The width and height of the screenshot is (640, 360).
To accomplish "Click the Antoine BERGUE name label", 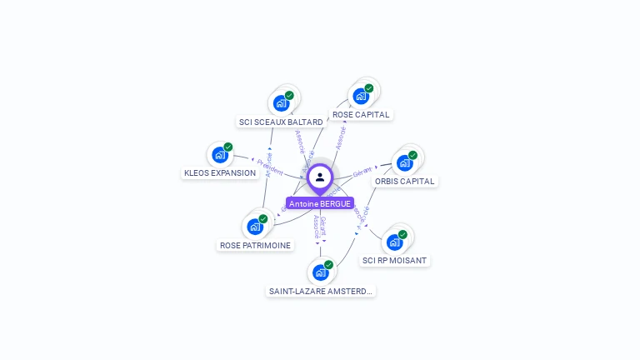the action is pyautogui.click(x=320, y=203).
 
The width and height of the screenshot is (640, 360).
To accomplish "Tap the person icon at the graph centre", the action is pyautogui.click(x=320, y=177).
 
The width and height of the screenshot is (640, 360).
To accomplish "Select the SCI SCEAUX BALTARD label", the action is pyautogui.click(x=281, y=122).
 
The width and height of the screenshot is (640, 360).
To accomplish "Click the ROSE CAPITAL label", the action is pyautogui.click(x=361, y=115).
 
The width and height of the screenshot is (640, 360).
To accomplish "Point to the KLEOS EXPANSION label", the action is pyautogui.click(x=220, y=173).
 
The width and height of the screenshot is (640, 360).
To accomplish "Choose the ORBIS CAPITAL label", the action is pyautogui.click(x=404, y=182).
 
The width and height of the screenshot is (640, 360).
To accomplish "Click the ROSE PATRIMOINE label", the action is pyautogui.click(x=255, y=246).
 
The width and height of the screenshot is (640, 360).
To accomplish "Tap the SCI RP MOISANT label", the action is pyautogui.click(x=394, y=261).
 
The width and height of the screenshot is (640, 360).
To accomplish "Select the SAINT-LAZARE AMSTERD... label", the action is pyautogui.click(x=321, y=292).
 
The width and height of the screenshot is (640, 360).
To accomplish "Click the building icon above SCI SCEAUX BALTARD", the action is pyautogui.click(x=280, y=104).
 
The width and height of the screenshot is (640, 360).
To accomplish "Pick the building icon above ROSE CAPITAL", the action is pyautogui.click(x=360, y=97).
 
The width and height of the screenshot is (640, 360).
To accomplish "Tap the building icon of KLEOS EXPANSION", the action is pyautogui.click(x=219, y=155).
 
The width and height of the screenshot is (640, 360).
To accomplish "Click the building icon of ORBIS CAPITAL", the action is pyautogui.click(x=404, y=163).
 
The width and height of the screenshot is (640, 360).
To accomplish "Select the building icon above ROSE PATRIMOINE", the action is pyautogui.click(x=254, y=227).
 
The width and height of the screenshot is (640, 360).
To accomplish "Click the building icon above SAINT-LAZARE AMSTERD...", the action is pyautogui.click(x=320, y=272).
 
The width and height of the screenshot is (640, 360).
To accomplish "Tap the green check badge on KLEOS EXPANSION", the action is pyautogui.click(x=227, y=147).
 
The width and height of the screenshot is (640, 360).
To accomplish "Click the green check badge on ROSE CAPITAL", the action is pyautogui.click(x=368, y=88).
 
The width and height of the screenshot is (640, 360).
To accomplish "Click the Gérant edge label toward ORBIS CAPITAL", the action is pyautogui.click(x=362, y=172).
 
